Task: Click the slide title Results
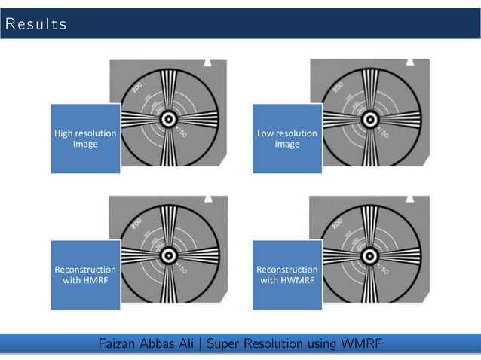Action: pos(35,24)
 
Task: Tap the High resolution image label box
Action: pos(84,139)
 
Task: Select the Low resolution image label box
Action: pos(286,139)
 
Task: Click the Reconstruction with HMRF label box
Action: pos(84,275)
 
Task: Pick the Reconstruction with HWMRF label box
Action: pos(286,275)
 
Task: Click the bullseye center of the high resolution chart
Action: pos(167,119)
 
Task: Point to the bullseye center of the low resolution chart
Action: pos(369,119)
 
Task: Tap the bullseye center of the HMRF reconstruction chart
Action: pos(167,256)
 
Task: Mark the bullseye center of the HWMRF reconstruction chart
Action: pos(369,256)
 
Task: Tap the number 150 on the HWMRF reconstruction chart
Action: pos(384,270)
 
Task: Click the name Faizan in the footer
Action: pos(120,345)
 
